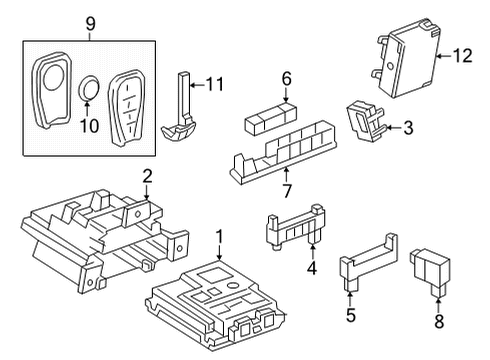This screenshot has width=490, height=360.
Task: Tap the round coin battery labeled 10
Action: tap(88, 88)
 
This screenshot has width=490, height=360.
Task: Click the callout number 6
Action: tap(286, 77)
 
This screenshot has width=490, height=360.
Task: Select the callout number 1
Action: tap(219, 237)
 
